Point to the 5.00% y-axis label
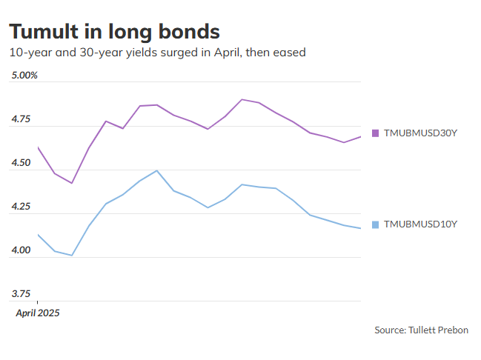(24, 76)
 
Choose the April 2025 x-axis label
(38, 313)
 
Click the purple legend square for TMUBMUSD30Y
(375, 133)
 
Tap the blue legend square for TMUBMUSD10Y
(375, 224)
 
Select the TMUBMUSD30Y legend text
(415, 133)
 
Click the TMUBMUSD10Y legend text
(415, 224)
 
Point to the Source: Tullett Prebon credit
(421, 330)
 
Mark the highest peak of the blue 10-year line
(156, 170)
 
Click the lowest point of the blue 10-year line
(72, 256)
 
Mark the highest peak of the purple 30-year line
(242, 99)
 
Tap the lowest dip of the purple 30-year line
(72, 183)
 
